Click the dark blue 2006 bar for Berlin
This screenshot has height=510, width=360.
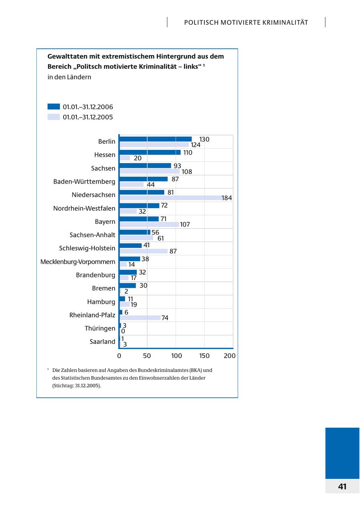point(156,139)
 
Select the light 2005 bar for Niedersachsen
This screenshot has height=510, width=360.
point(171,198)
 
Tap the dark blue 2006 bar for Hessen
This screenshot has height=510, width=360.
point(150,152)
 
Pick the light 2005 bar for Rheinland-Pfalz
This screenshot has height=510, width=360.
point(140,318)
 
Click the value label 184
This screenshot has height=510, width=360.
point(227,198)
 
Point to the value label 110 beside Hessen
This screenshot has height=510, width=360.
point(188,153)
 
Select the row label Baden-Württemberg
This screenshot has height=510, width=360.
point(84,182)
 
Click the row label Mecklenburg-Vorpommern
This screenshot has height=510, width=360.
point(78,262)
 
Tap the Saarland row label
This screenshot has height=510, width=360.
point(102,342)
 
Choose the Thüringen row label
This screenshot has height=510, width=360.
point(100,329)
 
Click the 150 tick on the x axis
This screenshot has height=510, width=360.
point(204,356)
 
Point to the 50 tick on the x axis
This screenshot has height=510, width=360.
point(147,356)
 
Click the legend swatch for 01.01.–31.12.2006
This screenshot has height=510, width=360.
point(54,107)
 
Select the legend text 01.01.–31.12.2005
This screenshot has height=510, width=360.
point(88,117)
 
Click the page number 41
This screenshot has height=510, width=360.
point(342,486)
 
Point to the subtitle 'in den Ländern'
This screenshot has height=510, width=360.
point(69,77)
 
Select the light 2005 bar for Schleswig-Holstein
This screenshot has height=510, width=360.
point(144,251)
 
